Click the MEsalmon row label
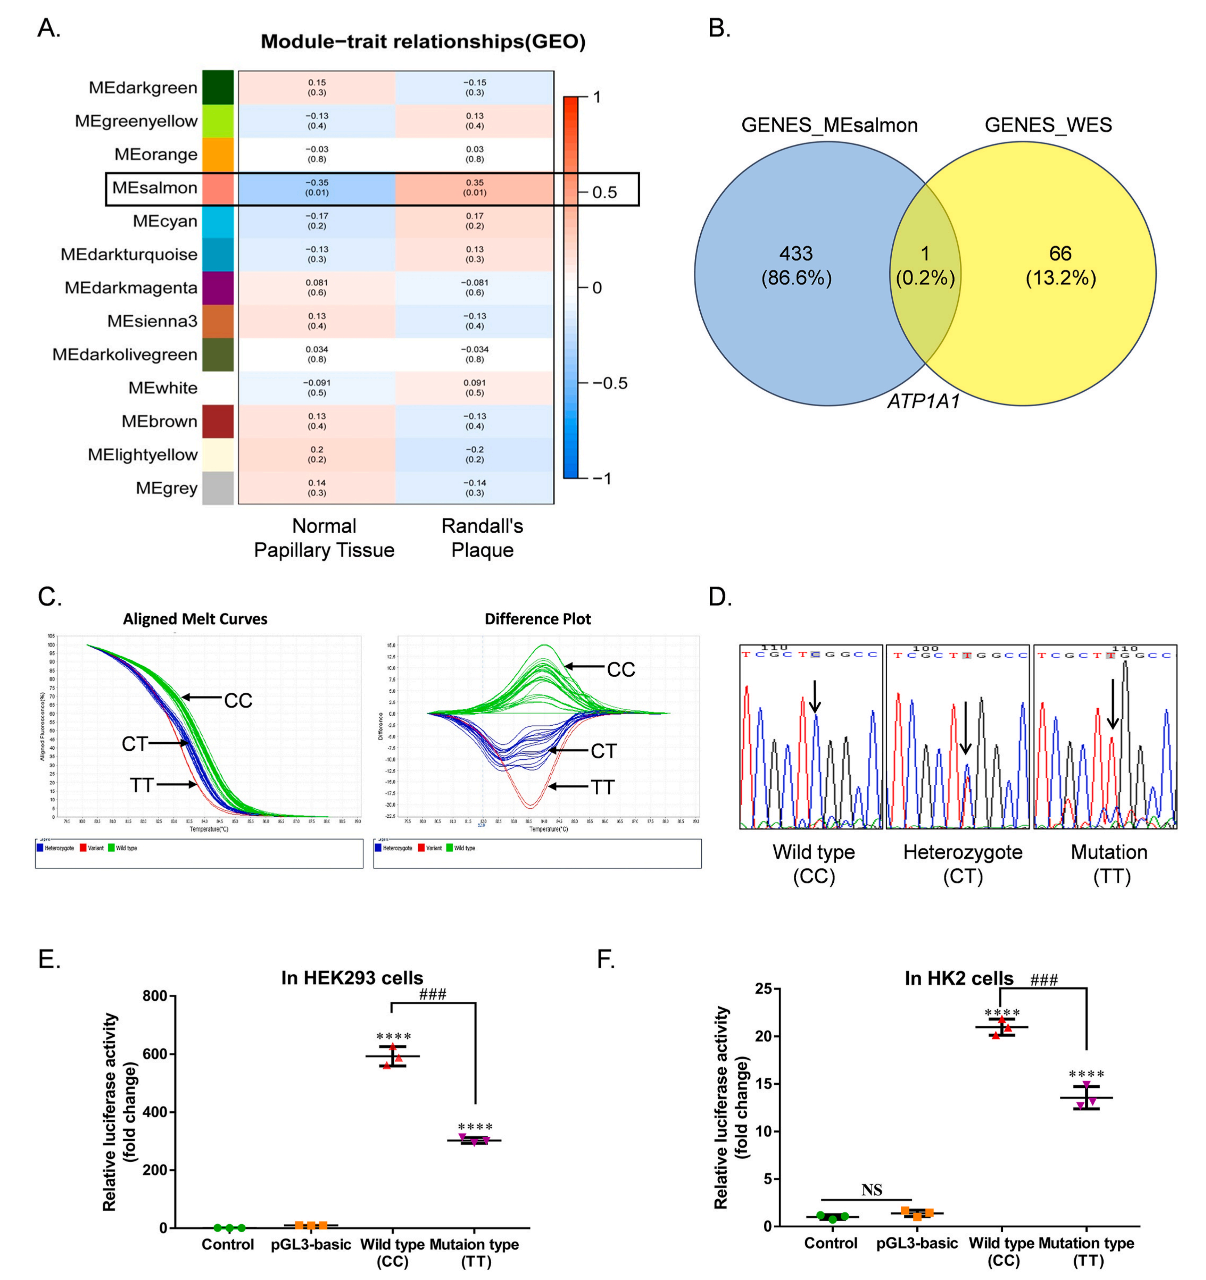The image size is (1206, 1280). pyautogui.click(x=155, y=188)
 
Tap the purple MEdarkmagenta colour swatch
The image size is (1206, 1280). pyautogui.click(x=218, y=288)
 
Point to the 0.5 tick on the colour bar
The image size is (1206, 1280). pyautogui.click(x=604, y=193)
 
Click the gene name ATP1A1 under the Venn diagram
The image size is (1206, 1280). pyautogui.click(x=923, y=402)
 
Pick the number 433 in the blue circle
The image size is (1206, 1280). pyautogui.click(x=796, y=254)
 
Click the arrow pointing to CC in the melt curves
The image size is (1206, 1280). pyautogui.click(x=201, y=697)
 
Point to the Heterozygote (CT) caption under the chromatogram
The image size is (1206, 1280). pyautogui.click(x=962, y=864)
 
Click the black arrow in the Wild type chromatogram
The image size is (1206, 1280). pyautogui.click(x=815, y=697)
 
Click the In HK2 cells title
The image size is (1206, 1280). pyautogui.click(x=959, y=979)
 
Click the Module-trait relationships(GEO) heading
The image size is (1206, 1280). pyautogui.click(x=423, y=42)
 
